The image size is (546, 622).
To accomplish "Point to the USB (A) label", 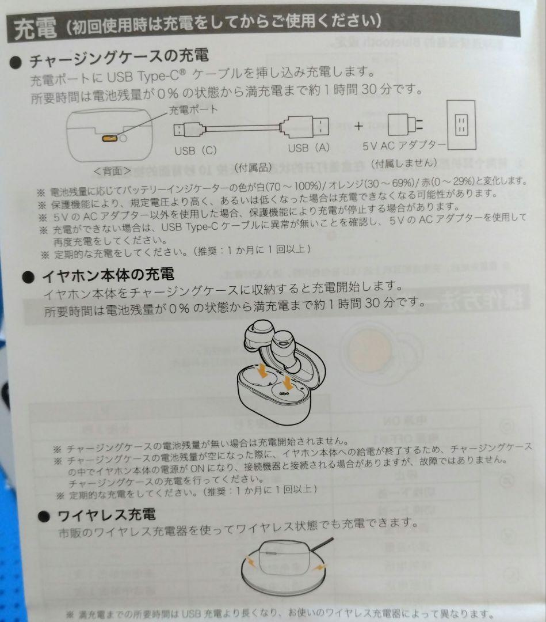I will pos(309,148).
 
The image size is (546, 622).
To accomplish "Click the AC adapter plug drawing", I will pos(405,124).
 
